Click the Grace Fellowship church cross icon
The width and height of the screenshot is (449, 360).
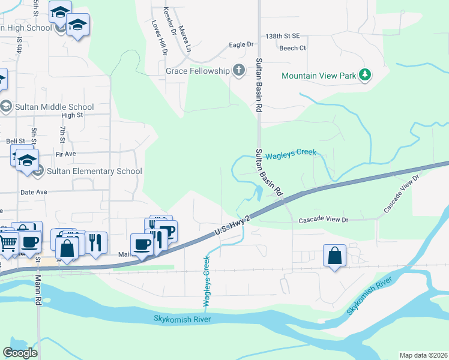[x=238, y=71]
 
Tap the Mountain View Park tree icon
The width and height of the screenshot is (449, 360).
[x=364, y=76]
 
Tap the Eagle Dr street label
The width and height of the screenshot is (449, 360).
[x=242, y=45]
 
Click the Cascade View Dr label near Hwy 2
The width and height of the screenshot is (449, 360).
[x=324, y=220]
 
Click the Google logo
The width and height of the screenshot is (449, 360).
[x=20, y=352]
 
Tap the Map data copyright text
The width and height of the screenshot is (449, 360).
[x=423, y=355]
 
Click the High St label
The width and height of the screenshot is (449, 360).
[x=71, y=115]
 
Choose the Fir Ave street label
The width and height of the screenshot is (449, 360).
[x=65, y=154]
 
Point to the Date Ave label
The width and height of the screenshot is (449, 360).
[x=34, y=192]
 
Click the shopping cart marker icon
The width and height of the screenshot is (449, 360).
[x=8, y=242]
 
